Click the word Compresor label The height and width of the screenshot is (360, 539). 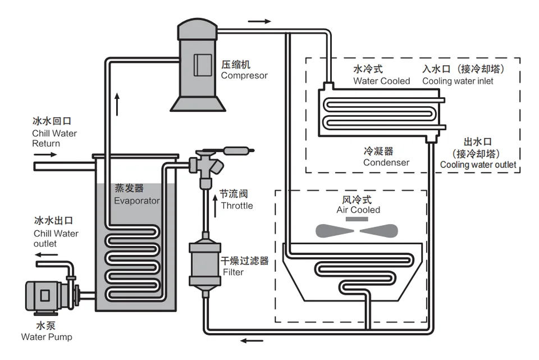click(x=244, y=75)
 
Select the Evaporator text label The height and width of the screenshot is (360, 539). click(x=137, y=200)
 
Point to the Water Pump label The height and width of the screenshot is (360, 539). click(x=47, y=337)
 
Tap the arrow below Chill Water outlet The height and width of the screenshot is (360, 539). click(x=47, y=255)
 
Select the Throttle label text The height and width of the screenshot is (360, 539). click(x=236, y=206)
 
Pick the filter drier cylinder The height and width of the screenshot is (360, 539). click(x=204, y=263)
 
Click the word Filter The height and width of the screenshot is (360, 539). click(x=233, y=272)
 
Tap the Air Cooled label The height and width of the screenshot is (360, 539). click(x=358, y=210)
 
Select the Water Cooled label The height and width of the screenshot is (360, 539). click(x=381, y=81)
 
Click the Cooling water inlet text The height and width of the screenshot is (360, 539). click(x=458, y=81)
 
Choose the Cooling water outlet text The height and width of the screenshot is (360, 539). click(x=478, y=165)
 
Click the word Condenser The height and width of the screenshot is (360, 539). click(x=386, y=163)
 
